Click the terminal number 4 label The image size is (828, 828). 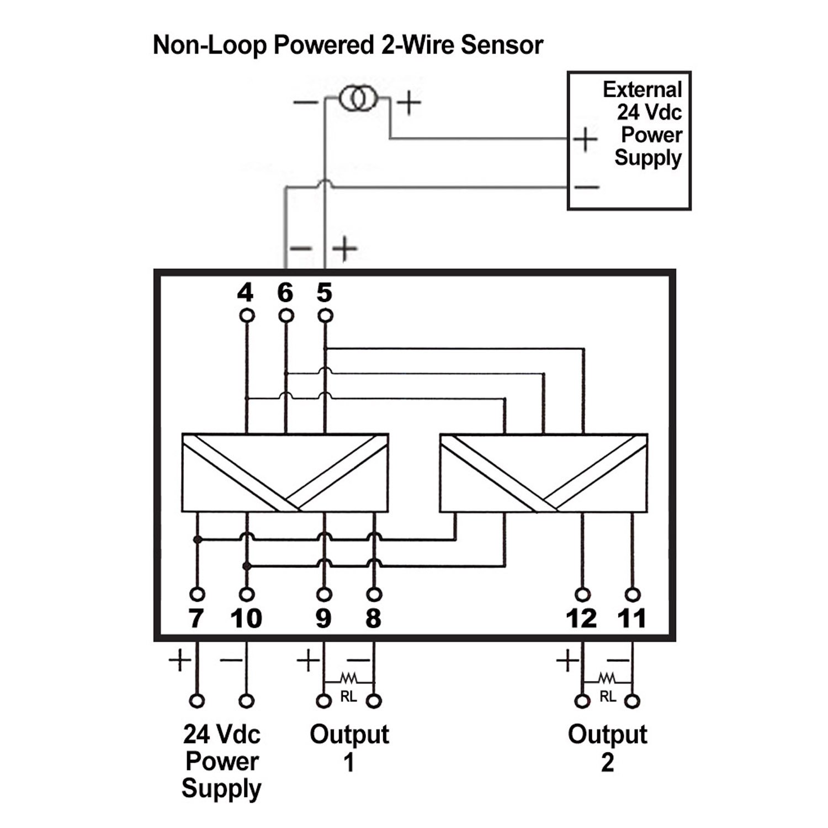pyautogui.click(x=245, y=293)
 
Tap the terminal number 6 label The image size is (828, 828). pyautogui.click(x=285, y=293)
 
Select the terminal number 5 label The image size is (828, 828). pyautogui.click(x=325, y=293)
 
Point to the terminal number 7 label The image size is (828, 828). pyautogui.click(x=196, y=618)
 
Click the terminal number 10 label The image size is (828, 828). pyautogui.click(x=246, y=618)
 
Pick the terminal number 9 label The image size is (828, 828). pyautogui.click(x=323, y=618)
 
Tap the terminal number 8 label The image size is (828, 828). pyautogui.click(x=374, y=618)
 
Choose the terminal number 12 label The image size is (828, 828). pyautogui.click(x=581, y=618)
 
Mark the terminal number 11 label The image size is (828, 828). pyautogui.click(x=631, y=618)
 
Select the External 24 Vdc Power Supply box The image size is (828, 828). pyautogui.click(x=629, y=72)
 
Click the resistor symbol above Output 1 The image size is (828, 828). pyautogui.click(x=348, y=677)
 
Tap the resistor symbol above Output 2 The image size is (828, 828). pyautogui.click(x=607, y=677)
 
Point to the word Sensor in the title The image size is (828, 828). pyautogui.click(x=502, y=45)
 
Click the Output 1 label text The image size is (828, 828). pyautogui.click(x=349, y=748)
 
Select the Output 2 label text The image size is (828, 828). pyautogui.click(x=607, y=748)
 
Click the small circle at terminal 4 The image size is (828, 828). pyautogui.click(x=247, y=315)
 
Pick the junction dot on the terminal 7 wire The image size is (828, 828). pyautogui.click(x=196, y=539)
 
